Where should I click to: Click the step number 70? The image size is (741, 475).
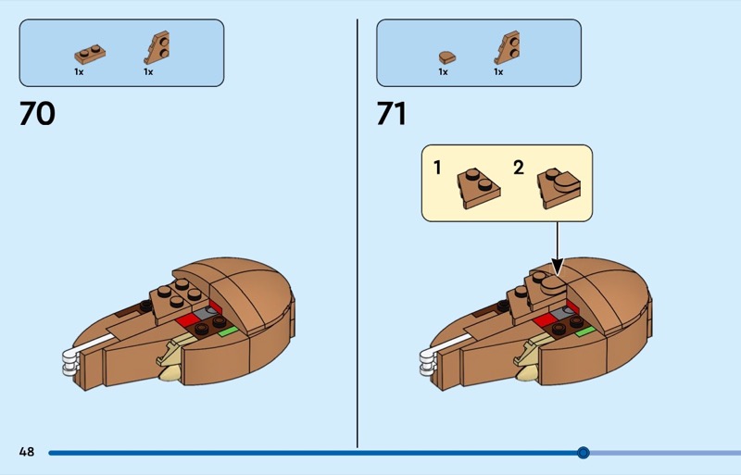[37, 114]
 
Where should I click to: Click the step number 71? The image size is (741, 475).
[391, 114]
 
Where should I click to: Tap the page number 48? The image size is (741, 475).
[27, 452]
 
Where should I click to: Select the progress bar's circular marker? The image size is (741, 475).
[584, 453]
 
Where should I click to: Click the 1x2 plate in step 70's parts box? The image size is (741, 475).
[90, 54]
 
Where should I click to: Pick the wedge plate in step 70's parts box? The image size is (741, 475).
[157, 48]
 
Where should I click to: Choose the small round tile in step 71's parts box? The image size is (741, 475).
[447, 57]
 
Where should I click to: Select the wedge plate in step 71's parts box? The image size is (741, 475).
[507, 48]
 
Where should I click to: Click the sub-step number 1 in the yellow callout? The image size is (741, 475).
[437, 168]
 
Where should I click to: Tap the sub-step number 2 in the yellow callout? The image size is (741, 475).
[519, 168]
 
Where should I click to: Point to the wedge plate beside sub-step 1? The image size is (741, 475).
[478, 188]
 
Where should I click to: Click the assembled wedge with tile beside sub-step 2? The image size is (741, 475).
[559, 188]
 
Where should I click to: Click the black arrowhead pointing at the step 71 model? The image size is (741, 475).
[558, 266]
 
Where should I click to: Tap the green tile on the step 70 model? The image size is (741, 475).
[228, 331]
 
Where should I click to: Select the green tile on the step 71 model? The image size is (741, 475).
[585, 331]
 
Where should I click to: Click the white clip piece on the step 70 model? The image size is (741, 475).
[71, 362]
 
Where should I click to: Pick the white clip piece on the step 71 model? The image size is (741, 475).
[428, 362]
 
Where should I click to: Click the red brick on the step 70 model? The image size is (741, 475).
[188, 320]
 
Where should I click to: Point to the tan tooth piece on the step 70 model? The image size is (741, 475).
[170, 360]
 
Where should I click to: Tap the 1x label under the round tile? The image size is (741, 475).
[443, 72]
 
